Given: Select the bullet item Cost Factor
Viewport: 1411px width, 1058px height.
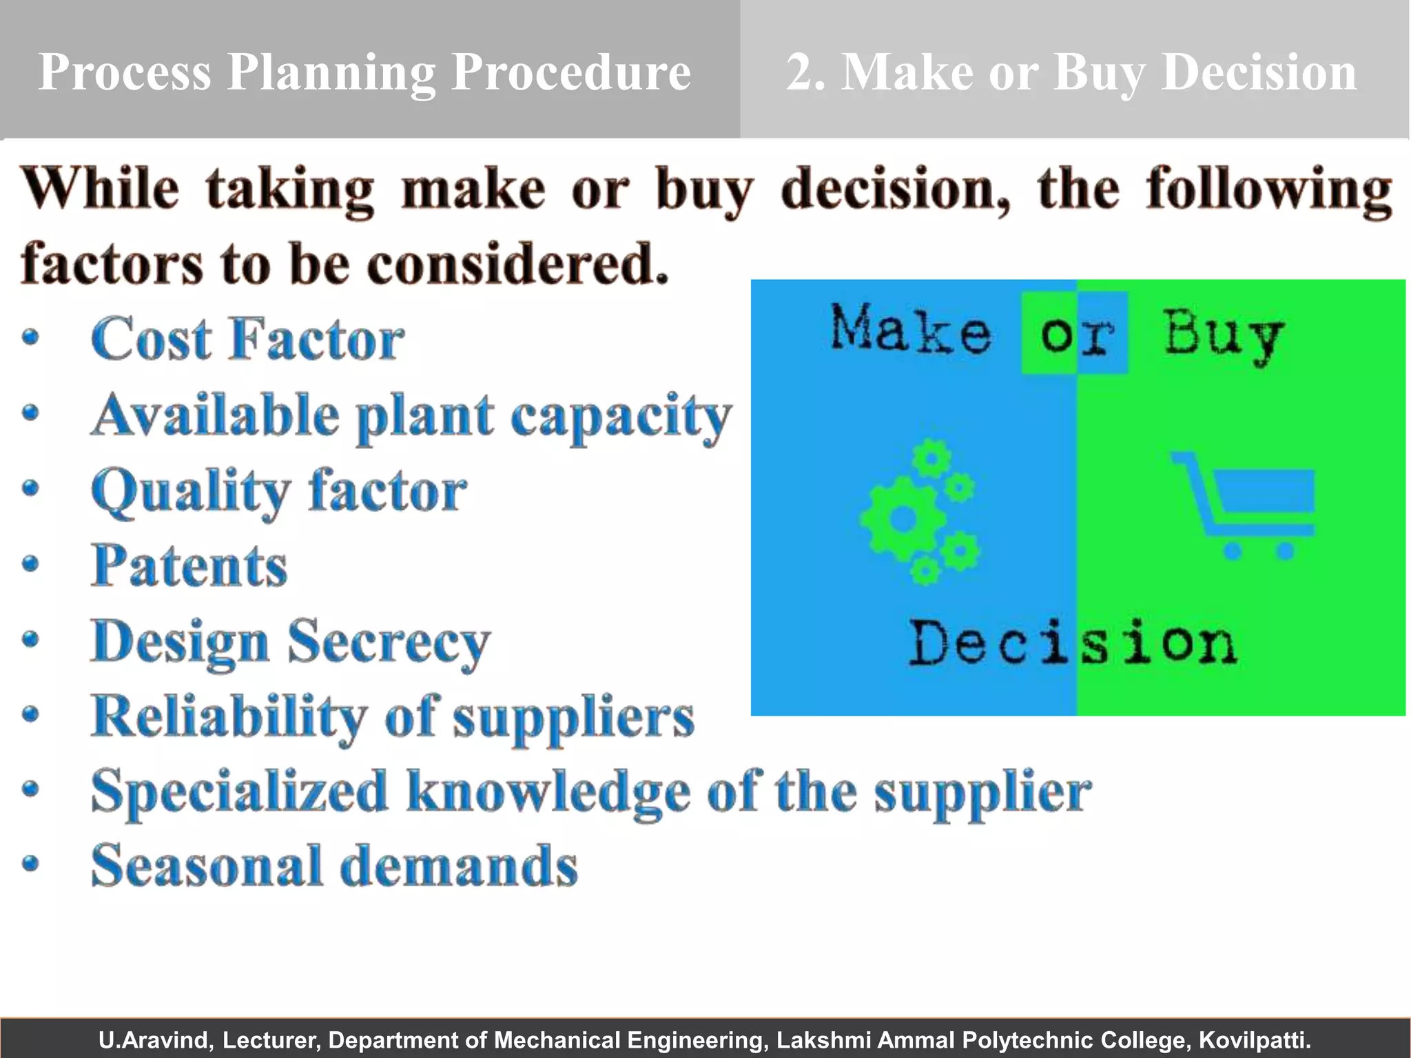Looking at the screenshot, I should (x=247, y=339).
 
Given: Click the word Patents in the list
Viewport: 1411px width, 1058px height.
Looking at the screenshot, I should (x=189, y=566).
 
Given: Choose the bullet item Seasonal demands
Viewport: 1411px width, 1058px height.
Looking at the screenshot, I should (x=334, y=866).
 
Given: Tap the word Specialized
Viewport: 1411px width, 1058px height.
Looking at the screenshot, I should (x=239, y=792).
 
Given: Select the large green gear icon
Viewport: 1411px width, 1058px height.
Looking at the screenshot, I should (x=901, y=519).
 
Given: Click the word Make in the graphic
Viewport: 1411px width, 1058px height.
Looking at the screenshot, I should (x=910, y=330).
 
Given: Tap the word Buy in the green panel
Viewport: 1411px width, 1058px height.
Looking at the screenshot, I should (x=1224, y=334).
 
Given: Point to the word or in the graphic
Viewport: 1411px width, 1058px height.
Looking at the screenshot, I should (x=1076, y=335).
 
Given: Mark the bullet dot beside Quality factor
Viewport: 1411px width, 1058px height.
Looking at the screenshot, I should (x=30, y=488).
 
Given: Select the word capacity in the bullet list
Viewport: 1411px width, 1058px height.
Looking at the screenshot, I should (x=620, y=417).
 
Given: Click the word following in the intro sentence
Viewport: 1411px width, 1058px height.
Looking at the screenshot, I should (x=1268, y=189).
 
